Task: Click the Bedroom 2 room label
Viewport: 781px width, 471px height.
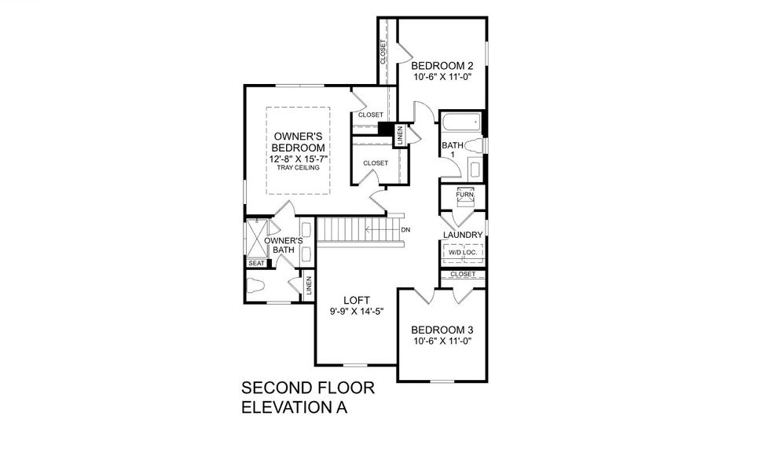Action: [441, 65]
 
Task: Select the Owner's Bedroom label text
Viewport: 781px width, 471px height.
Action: [299, 142]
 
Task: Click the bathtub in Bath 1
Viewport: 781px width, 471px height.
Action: [460, 123]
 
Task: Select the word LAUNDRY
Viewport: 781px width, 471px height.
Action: [462, 235]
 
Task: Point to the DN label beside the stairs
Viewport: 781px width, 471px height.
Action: [405, 230]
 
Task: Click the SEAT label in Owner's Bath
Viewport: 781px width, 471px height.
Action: [256, 264]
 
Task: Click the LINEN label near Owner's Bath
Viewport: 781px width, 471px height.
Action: [310, 286]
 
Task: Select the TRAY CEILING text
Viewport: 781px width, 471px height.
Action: [299, 168]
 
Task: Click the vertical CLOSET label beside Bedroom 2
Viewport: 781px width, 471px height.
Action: [383, 52]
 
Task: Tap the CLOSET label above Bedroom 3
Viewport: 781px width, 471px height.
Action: [463, 274]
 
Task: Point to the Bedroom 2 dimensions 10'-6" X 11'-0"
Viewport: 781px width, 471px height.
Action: [441, 77]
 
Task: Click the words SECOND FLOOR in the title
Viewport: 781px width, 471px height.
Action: [307, 389]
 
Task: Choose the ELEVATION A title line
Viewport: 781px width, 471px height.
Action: [294, 408]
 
